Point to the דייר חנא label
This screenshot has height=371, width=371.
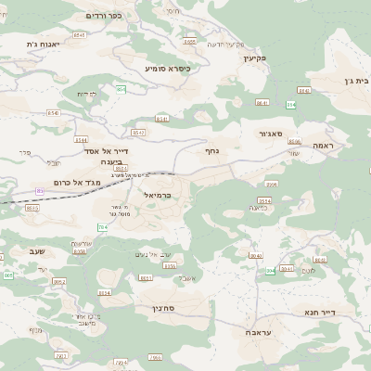[318, 313]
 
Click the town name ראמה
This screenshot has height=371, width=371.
[324, 146]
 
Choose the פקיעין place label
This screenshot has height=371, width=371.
[256, 58]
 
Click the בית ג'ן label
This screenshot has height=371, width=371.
[356, 81]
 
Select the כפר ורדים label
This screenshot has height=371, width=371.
[103, 16]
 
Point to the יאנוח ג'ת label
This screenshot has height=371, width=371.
[44, 44]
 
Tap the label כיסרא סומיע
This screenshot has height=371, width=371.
[168, 68]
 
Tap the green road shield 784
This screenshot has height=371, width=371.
[102, 226]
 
